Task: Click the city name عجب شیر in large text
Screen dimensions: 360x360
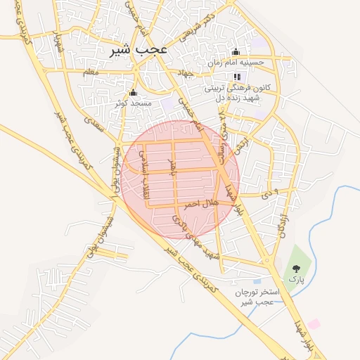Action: pyautogui.click(x=139, y=51)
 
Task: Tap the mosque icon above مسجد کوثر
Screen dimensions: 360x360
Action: pyautogui.click(x=133, y=92)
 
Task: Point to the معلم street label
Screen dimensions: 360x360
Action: pyautogui.click(x=91, y=72)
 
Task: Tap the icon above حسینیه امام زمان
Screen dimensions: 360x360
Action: pyautogui.click(x=236, y=51)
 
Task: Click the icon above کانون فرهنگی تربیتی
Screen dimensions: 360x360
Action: pyautogui.click(x=237, y=77)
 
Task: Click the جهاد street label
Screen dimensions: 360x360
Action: pyautogui.click(x=185, y=72)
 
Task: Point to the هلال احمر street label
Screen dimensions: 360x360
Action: pyautogui.click(x=201, y=203)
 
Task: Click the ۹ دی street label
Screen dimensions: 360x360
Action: pyautogui.click(x=269, y=191)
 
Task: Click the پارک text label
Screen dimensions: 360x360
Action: pyautogui.click(x=297, y=279)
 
